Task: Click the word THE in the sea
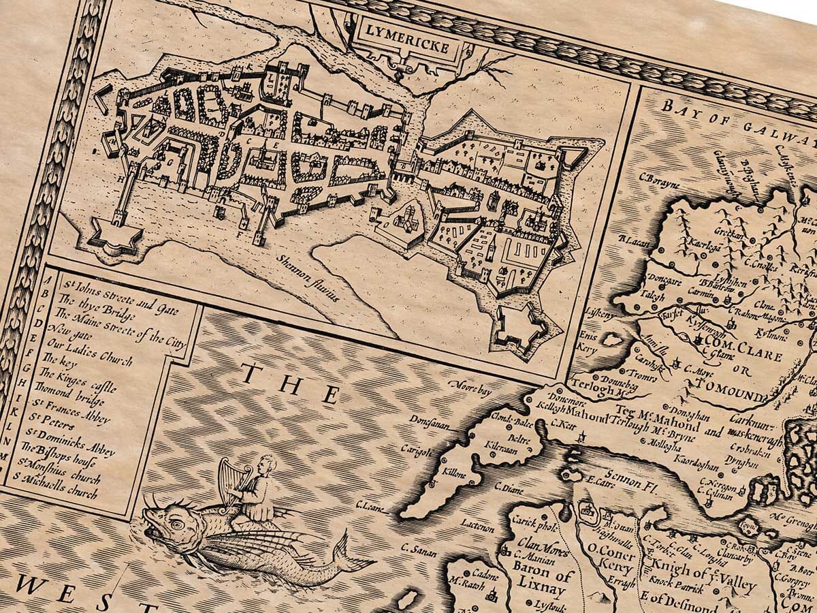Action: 291,386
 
